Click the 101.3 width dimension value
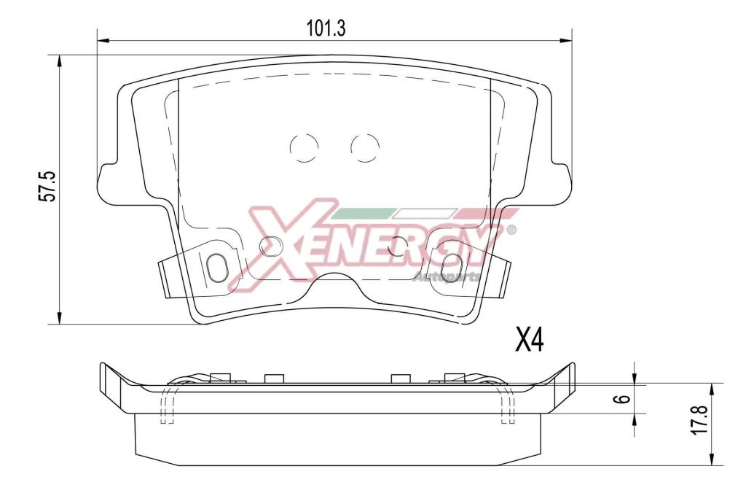click(326, 28)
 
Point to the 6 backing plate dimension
click(626, 398)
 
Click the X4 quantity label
click(529, 340)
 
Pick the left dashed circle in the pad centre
click(304, 147)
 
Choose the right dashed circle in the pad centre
click(365, 147)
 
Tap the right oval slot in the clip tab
click(449, 267)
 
